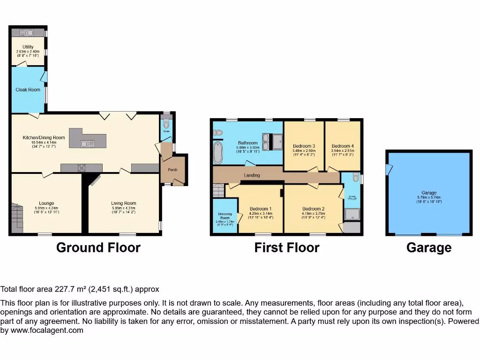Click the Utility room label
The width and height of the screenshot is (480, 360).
click(28, 46)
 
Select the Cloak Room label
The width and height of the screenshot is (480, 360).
click(28, 89)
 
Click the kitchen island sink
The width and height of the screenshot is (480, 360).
click(87, 144)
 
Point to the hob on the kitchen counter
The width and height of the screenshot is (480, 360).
click(82, 168)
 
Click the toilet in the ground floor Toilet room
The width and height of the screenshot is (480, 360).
click(166, 125)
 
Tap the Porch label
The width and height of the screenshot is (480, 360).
click(172, 170)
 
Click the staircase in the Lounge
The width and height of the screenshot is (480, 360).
click(16, 218)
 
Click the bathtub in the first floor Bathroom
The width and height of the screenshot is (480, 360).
click(218, 153)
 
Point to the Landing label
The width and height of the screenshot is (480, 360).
click(252, 175)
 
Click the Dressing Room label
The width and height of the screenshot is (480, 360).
click(225, 216)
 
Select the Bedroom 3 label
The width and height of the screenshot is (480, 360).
click(304, 146)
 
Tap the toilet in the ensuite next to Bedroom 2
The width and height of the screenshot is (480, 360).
click(355, 178)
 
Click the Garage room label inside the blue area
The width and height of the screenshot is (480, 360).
click(428, 193)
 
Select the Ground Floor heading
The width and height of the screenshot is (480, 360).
click(98, 247)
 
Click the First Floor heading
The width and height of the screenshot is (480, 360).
click(286, 247)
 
